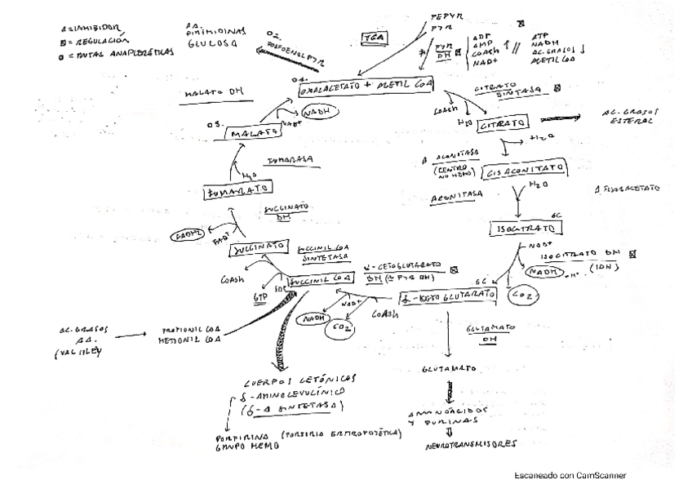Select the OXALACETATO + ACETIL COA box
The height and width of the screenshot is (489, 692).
coord(366,87)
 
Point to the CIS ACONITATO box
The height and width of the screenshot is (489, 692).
coord(526,172)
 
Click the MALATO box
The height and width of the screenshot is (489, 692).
coord(251,133)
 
